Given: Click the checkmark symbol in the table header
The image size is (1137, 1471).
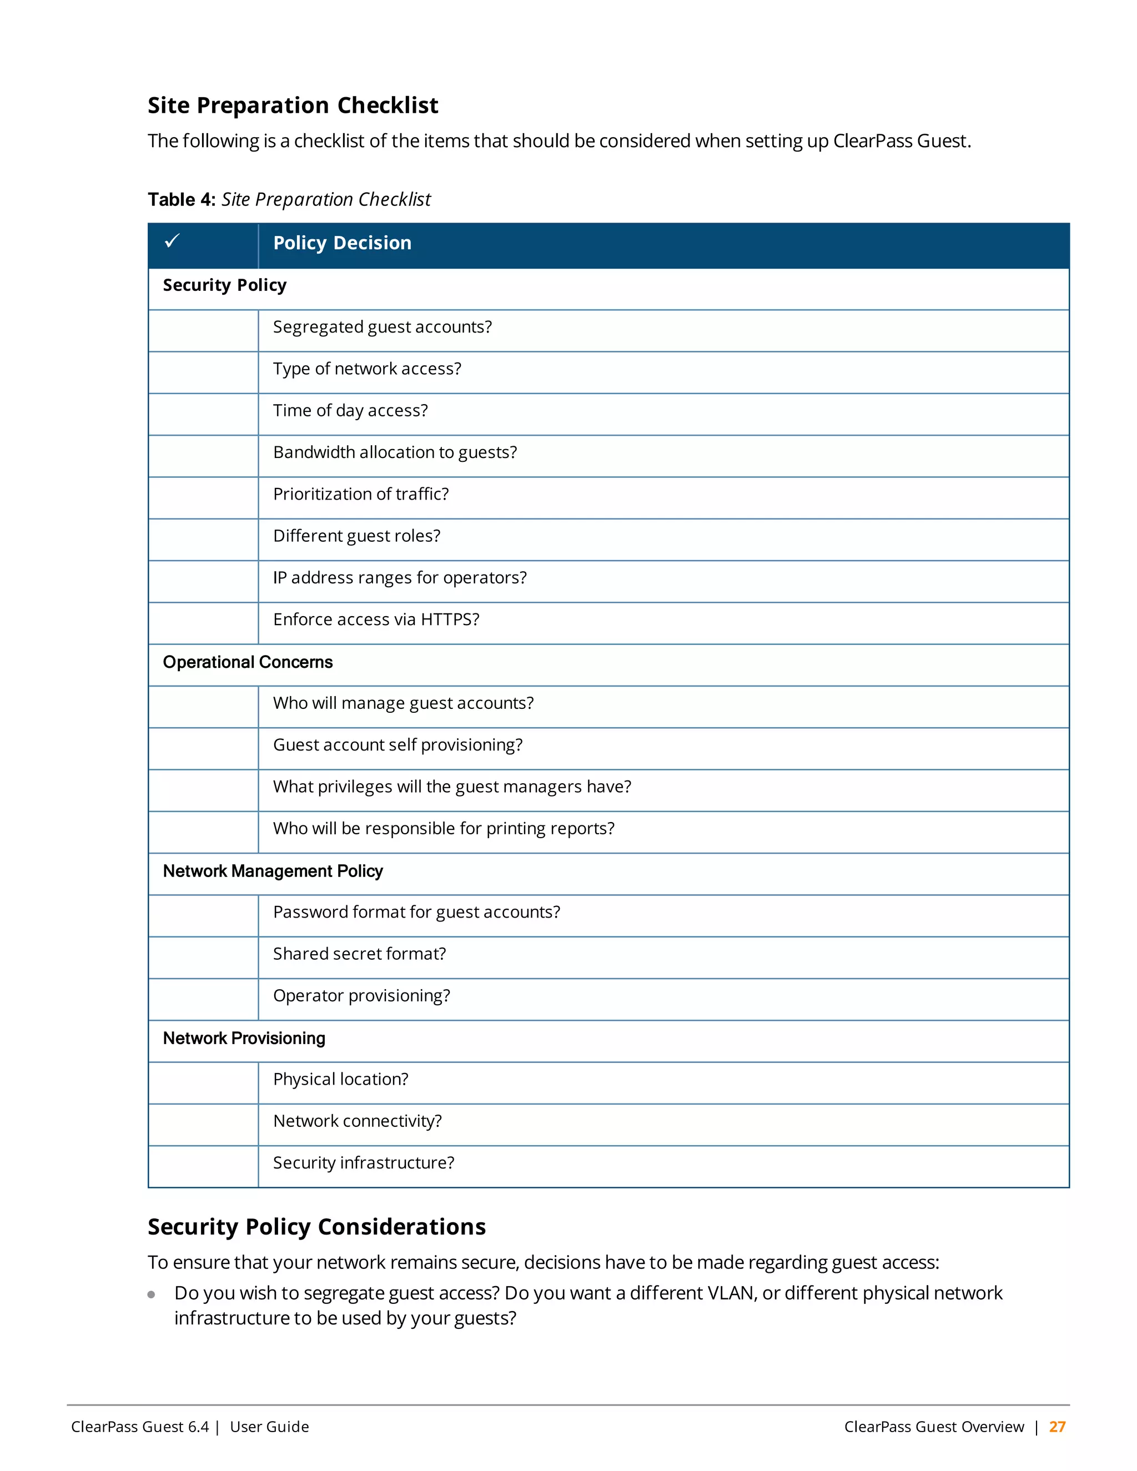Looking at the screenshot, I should pos(173,240).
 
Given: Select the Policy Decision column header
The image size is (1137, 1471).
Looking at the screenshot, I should pos(341,243).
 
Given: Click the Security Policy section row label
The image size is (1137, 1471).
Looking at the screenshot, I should pos(224,285).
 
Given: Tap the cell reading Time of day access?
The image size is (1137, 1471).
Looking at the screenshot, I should pos(350,411).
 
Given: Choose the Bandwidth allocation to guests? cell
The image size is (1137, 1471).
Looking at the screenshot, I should pos(395,452).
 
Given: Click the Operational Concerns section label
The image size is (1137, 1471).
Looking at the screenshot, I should pos(247,662).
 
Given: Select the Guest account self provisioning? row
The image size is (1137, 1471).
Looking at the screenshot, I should pos(398,745).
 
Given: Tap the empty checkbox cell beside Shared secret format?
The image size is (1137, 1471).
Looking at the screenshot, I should pos(203,957).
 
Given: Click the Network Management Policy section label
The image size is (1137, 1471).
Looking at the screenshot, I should pos(272,871).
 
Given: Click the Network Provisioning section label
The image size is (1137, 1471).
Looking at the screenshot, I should pos(244,1038).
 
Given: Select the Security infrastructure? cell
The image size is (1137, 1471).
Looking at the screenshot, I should pos(363,1162).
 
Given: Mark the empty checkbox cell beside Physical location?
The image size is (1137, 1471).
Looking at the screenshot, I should pos(203,1082).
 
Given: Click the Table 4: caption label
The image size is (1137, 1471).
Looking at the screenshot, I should pos(181,199).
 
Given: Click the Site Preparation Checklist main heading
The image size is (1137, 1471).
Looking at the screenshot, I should pos(293,105).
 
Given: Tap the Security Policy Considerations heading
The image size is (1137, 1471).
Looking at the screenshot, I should pos(316,1227).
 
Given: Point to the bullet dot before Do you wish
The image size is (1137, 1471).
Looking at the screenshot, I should pos(152,1294).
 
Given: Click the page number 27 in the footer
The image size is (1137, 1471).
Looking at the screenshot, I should pos(1057,1427).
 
